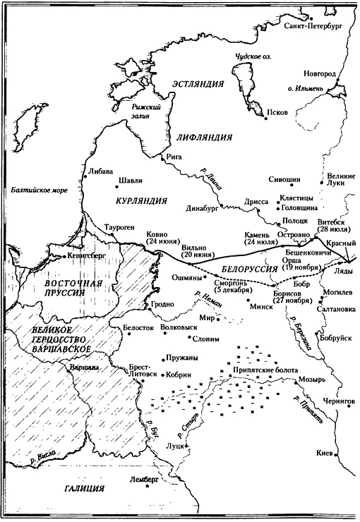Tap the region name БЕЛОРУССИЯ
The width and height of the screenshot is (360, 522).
(249, 269)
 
